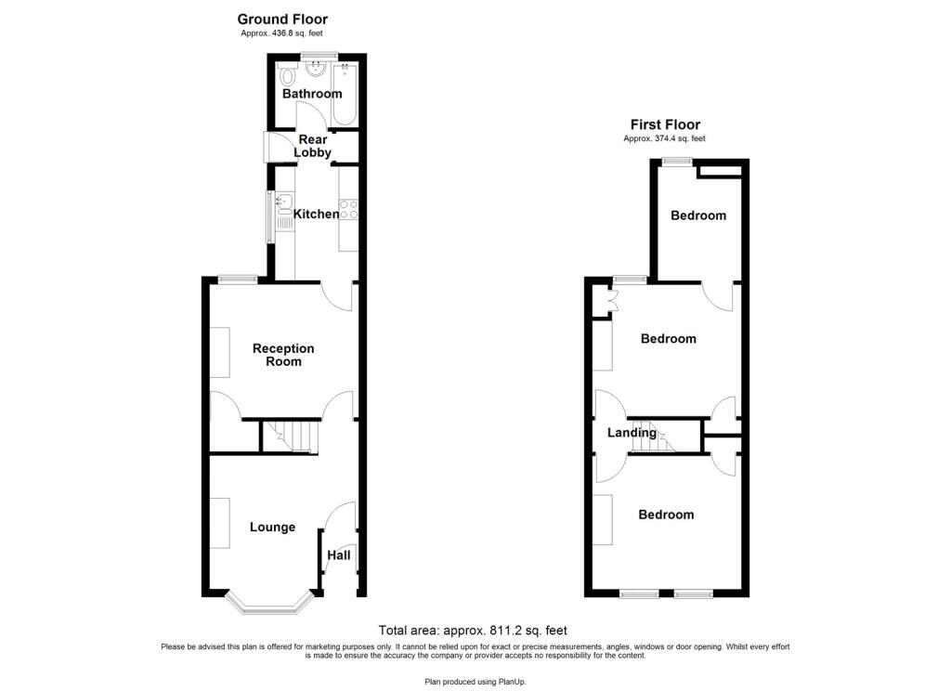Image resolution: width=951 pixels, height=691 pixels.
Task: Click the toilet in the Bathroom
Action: point(287,76)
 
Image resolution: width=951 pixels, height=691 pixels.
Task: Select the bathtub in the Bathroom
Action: point(345,94)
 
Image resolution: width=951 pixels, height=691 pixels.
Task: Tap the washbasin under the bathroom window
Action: point(316,70)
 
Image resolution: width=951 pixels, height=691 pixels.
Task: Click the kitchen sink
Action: point(284,213)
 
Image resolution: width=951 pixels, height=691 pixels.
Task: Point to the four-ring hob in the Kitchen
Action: point(348,209)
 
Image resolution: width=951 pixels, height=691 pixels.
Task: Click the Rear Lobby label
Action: point(312,146)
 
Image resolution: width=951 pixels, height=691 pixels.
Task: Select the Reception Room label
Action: point(283,355)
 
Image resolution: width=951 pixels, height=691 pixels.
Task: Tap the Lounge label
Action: point(272,528)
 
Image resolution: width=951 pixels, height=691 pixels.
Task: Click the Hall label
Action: point(338,555)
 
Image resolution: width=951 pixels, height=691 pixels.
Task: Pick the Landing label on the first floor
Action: point(632,433)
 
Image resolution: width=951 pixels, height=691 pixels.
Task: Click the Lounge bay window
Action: point(268,603)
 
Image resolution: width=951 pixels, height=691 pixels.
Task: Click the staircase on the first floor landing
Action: point(653,437)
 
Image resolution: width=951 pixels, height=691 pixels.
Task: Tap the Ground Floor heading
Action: point(282,20)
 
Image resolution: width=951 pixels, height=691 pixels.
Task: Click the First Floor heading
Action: point(665,124)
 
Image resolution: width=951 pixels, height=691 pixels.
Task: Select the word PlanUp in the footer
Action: point(512,682)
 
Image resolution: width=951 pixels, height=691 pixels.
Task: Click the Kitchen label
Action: point(316,215)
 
